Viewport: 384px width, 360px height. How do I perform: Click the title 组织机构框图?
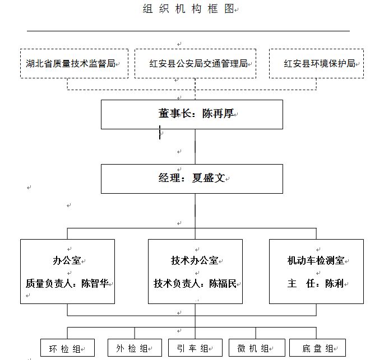188,9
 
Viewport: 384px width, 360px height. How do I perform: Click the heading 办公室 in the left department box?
67,260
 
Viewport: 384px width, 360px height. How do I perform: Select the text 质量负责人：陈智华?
67,283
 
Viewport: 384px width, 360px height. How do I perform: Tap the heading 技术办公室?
195,260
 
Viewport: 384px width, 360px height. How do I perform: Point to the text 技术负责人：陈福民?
195,283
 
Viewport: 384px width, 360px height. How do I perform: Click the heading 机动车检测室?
316,260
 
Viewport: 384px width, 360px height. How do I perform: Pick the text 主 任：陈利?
316,283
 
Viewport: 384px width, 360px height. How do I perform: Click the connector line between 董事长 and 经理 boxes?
195,147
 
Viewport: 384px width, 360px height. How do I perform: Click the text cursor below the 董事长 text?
160,132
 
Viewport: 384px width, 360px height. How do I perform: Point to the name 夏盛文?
208,178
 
